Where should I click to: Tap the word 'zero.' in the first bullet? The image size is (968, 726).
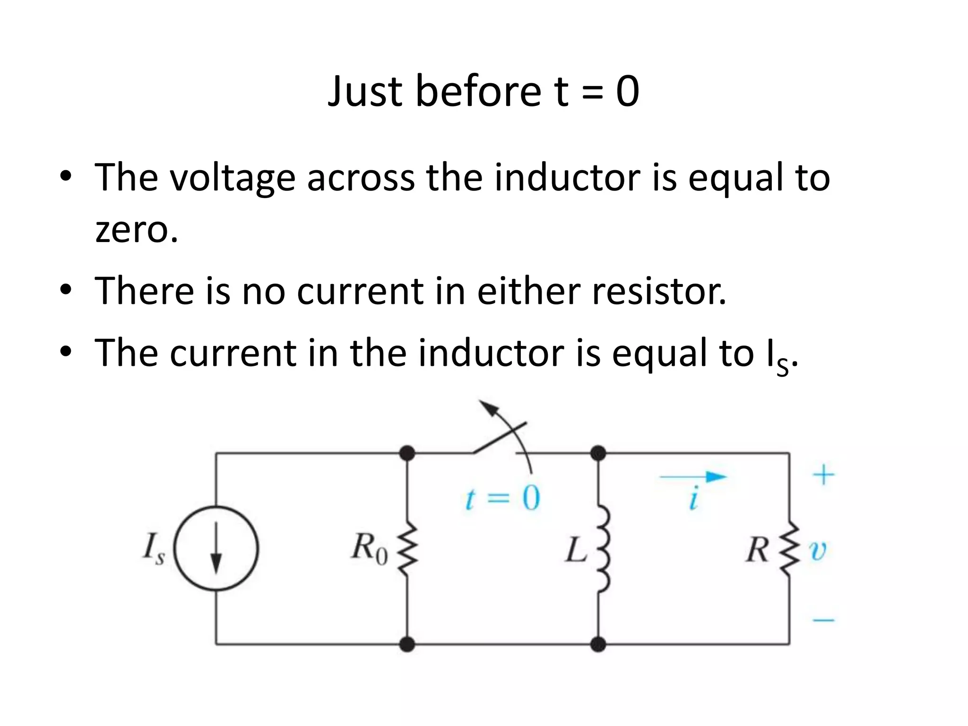(137, 230)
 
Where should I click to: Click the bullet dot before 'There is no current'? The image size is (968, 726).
(66, 288)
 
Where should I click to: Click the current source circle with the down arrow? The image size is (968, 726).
(216, 548)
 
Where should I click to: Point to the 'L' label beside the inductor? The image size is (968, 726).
(576, 551)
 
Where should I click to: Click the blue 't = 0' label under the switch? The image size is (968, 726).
(502, 499)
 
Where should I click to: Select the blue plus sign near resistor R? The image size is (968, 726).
(823, 474)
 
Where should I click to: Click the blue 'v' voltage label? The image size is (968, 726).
(818, 551)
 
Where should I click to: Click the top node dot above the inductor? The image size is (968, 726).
(598, 453)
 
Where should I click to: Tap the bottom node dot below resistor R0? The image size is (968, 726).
(407, 644)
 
